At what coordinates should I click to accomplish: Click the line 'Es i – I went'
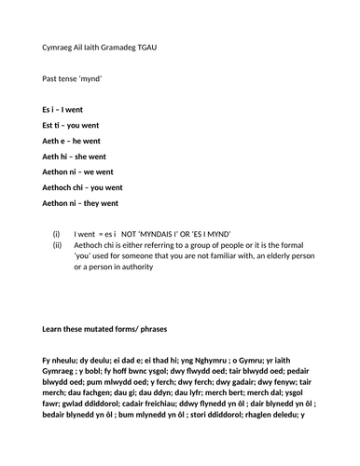coord(62,110)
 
